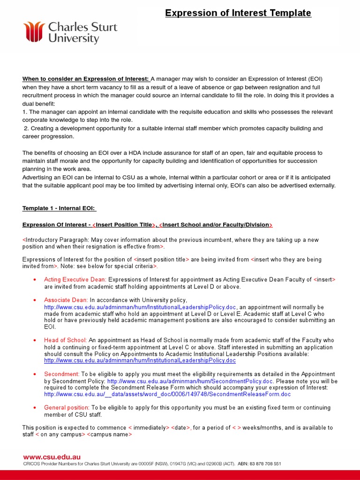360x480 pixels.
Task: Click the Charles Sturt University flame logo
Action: (34, 31)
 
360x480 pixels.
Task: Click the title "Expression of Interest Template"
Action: (238, 13)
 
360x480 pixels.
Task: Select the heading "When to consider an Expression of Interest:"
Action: (85, 79)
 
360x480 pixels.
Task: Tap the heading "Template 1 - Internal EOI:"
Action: (59, 208)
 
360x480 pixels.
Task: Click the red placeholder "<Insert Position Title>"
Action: (123, 225)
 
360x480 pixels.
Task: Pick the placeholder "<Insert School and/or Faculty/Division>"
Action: (216, 225)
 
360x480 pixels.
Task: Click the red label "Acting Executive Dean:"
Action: (75, 279)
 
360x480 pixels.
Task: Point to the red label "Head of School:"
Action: (65, 340)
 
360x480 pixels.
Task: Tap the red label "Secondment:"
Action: (61, 374)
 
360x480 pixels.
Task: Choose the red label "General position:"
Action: (67, 408)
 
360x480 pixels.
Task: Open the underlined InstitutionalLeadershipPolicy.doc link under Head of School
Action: (140, 361)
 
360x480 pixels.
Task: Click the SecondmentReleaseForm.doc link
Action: (167, 394)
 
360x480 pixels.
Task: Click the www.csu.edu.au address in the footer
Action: (52, 457)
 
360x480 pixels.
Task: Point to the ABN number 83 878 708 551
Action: (264, 464)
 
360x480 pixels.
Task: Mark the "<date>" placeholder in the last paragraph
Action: (180, 427)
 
